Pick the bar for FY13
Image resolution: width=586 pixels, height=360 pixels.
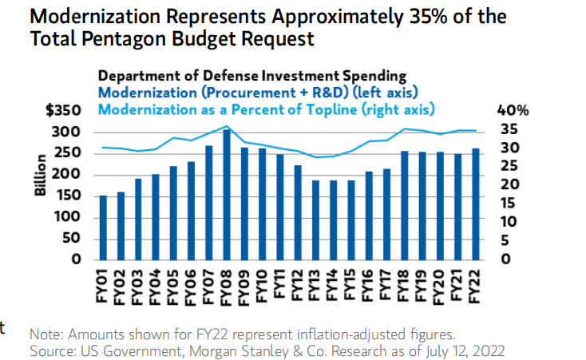coord(315,220)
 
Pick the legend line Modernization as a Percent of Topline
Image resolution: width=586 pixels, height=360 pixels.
coord(267,108)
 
